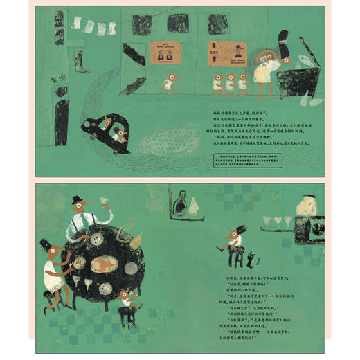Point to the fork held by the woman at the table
click(x=68, y=264)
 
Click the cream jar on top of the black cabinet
click(x=304, y=206)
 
